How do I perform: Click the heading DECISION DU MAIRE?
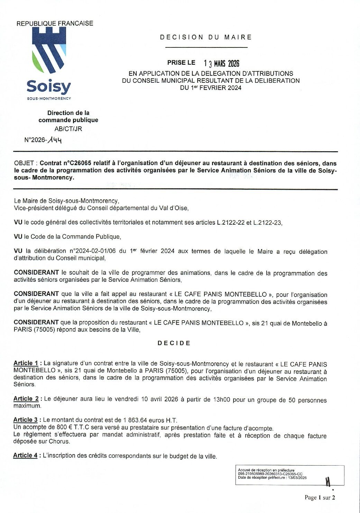point(206,37)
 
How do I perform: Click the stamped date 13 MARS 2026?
point(221,63)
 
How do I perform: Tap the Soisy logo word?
point(49,87)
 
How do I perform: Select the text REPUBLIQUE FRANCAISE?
point(55,23)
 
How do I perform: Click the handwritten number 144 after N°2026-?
point(55,140)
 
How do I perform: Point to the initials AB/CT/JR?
point(68,129)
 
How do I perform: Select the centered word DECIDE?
point(174,343)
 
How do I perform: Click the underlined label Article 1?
point(26,363)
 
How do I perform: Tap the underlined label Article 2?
point(26,398)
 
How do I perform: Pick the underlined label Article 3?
point(26,420)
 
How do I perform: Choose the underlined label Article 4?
point(25,455)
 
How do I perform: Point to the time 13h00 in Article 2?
point(221,399)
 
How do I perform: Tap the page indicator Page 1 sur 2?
point(320,497)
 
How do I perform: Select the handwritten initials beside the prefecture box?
point(328,481)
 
